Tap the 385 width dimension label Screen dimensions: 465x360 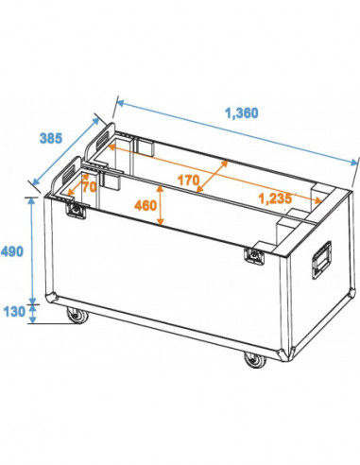[50, 138]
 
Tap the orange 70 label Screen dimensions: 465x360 [90, 187]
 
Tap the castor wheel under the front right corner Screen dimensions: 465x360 [252, 359]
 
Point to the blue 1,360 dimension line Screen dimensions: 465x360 [236, 142]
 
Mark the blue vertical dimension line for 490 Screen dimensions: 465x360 [35, 250]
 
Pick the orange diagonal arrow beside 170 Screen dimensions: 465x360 [214, 176]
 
